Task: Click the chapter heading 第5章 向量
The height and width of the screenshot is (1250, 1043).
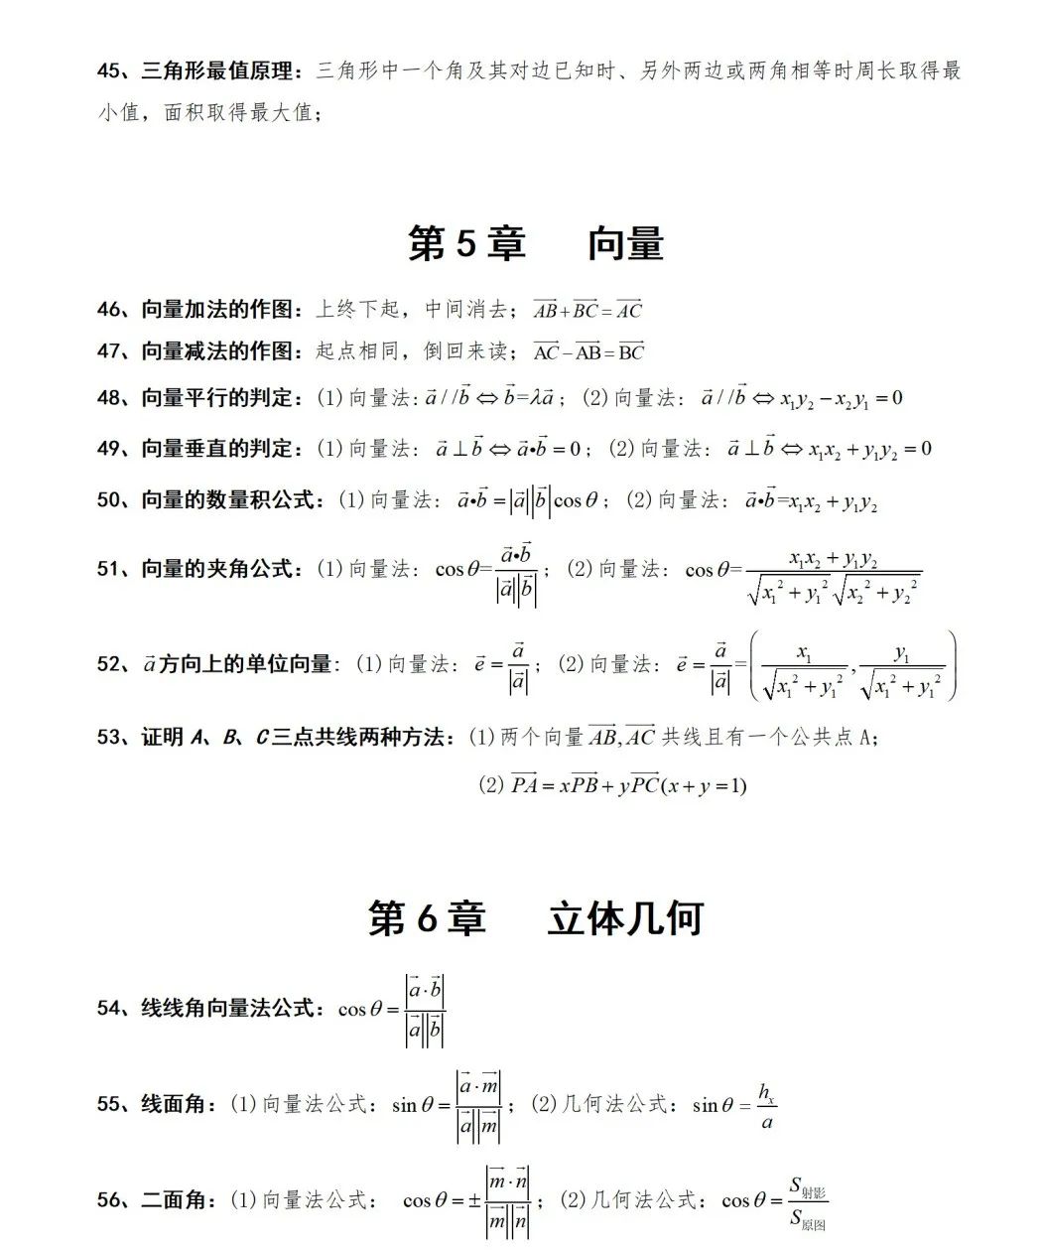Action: (x=536, y=243)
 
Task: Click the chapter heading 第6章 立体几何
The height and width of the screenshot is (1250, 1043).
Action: (x=536, y=918)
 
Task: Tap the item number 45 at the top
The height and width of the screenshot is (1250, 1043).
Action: (x=109, y=71)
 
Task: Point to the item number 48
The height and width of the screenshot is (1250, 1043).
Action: (x=109, y=398)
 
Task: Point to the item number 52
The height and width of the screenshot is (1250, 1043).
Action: (x=109, y=664)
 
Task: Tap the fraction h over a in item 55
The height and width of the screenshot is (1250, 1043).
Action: (x=766, y=1106)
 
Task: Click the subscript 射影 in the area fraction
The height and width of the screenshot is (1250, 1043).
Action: (x=814, y=1192)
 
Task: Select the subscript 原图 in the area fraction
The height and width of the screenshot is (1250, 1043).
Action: (x=814, y=1224)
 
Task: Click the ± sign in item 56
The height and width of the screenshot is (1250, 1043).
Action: (x=474, y=1201)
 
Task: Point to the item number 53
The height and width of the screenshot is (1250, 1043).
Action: (x=109, y=738)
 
